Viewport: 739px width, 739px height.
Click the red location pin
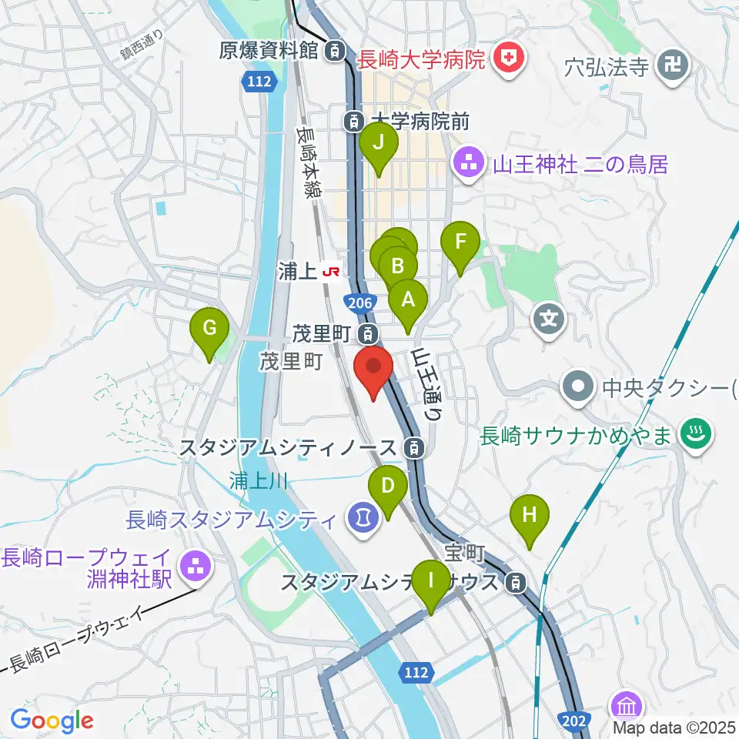(x=373, y=368)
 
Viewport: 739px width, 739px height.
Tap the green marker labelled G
(x=209, y=329)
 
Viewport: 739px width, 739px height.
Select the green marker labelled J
(x=379, y=144)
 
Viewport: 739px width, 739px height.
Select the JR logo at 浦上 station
(x=332, y=272)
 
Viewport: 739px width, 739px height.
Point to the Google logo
(x=52, y=721)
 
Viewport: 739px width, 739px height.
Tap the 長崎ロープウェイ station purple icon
(x=193, y=567)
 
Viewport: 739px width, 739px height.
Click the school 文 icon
(x=548, y=316)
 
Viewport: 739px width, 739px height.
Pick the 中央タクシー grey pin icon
(x=579, y=384)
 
